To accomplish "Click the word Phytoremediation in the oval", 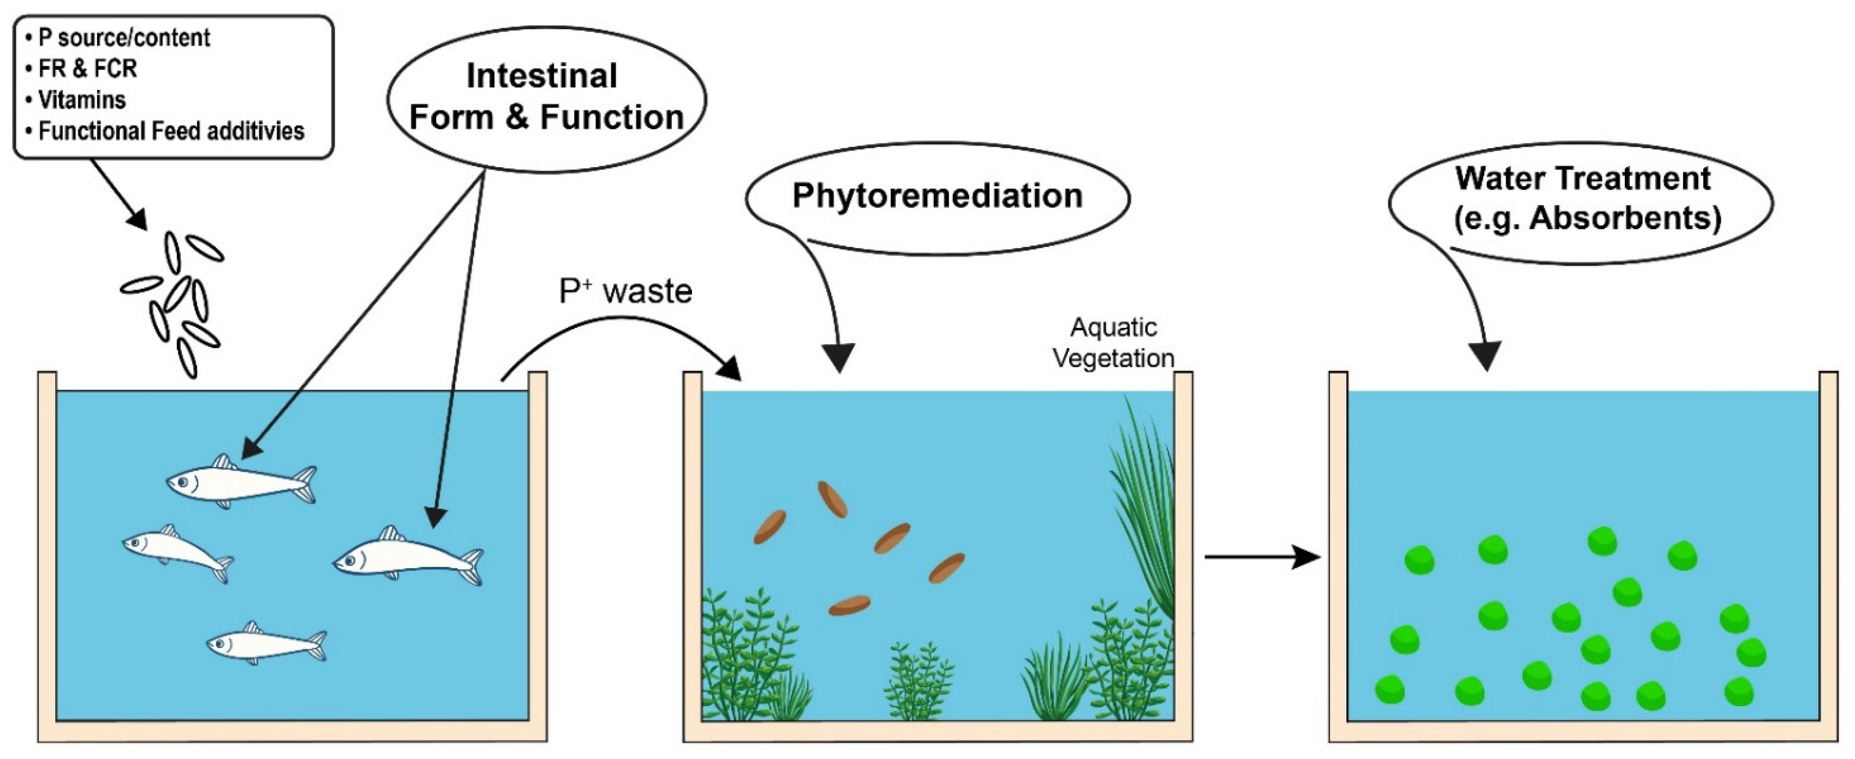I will point(937,196).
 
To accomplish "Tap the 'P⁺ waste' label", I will point(625,292).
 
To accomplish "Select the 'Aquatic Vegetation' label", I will point(1113,343).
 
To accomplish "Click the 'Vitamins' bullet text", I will point(81,99).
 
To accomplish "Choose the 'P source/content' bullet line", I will point(123,38).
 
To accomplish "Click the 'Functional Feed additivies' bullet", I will point(171,131).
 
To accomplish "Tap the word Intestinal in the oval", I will point(542,76).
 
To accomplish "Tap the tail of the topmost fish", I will point(306,483).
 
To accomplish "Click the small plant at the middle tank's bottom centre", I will point(918,681).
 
